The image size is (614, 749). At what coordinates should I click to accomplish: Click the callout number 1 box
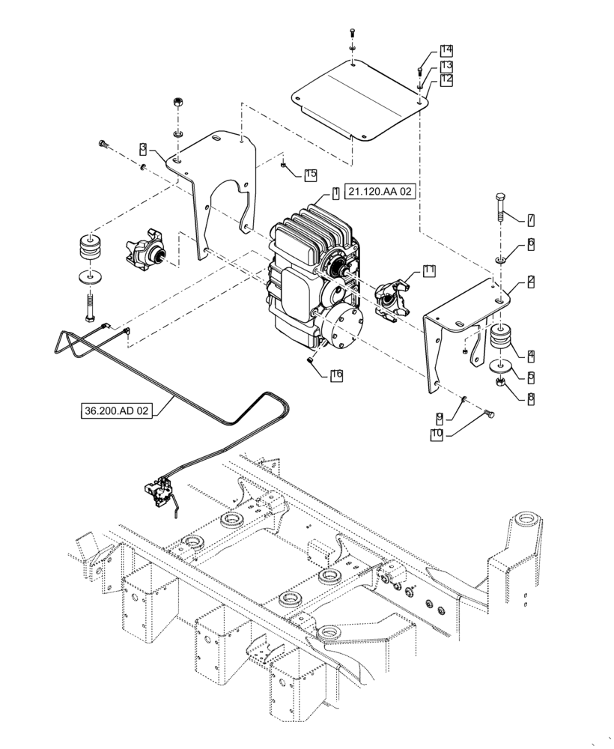click(336, 192)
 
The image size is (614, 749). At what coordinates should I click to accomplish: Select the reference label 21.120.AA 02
click(380, 192)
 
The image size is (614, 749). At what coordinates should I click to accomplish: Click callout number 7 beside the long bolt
click(530, 219)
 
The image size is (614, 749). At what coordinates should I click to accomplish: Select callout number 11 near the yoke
click(428, 271)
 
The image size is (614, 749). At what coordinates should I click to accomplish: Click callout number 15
click(311, 175)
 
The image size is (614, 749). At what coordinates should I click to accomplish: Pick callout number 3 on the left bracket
click(142, 148)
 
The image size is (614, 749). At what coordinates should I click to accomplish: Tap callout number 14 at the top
click(447, 50)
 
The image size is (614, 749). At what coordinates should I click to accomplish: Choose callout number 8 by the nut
click(530, 398)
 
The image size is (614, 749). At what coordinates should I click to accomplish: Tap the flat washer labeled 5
click(501, 368)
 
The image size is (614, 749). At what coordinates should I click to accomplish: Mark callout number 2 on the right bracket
click(530, 281)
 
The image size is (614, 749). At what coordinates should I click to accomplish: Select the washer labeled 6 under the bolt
click(499, 259)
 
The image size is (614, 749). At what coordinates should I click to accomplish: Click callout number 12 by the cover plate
click(447, 79)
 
